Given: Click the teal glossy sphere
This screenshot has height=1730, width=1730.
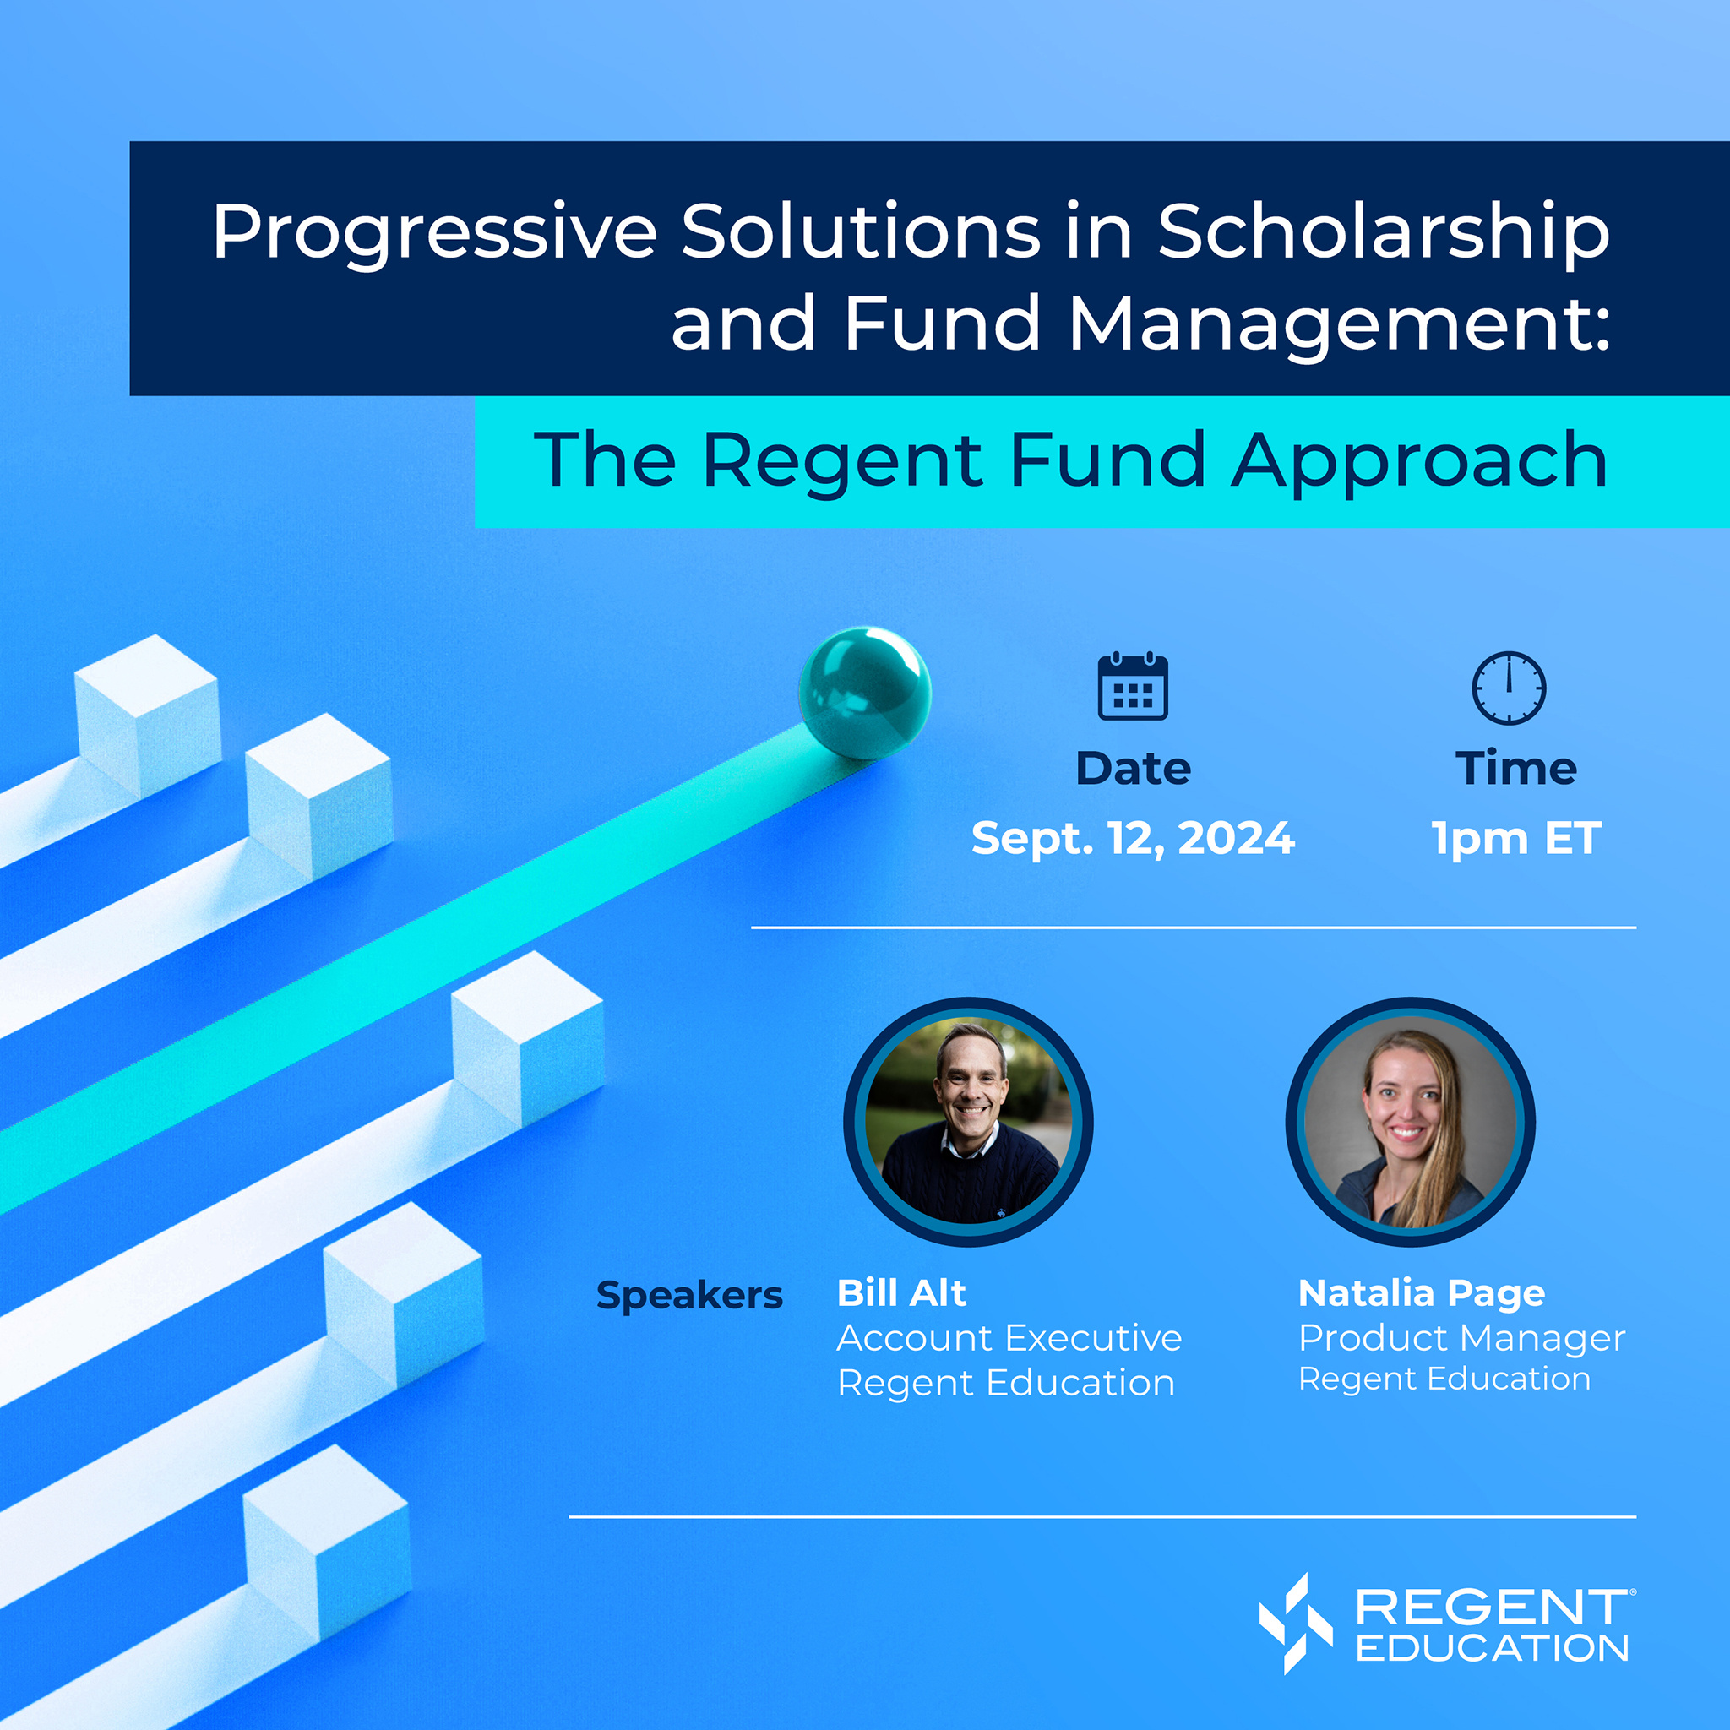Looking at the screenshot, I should (x=864, y=692).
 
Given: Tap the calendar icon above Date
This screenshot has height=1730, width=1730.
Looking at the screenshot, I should (x=1133, y=687).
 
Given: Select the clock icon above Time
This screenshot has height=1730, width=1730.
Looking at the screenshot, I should (x=1509, y=687).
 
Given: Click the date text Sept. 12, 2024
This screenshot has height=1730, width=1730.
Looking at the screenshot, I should (x=1133, y=838).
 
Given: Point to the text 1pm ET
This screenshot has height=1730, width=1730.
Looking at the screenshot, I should (x=1516, y=838).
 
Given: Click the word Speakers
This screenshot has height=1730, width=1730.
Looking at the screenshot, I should (x=688, y=1295).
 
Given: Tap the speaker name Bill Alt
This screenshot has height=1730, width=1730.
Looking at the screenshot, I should (x=900, y=1292).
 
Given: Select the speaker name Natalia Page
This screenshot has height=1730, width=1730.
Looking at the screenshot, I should (x=1421, y=1292).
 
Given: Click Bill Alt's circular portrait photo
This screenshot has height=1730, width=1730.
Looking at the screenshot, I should (x=968, y=1121).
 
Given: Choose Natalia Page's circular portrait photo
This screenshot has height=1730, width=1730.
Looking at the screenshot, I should (x=1411, y=1121).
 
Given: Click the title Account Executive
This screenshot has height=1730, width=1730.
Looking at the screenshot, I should (x=1009, y=1338).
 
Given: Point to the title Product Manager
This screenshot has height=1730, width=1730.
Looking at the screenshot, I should (x=1461, y=1338).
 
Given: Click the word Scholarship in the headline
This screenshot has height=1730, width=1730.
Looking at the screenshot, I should (x=1384, y=233).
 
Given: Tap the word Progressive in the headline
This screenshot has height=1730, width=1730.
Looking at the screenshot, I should (x=435, y=233).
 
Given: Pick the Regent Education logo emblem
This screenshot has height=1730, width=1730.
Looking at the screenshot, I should (x=1295, y=1623).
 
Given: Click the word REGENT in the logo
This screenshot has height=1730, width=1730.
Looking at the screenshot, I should (x=1491, y=1608).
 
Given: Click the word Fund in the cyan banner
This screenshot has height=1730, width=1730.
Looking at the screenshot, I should (x=1107, y=460).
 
